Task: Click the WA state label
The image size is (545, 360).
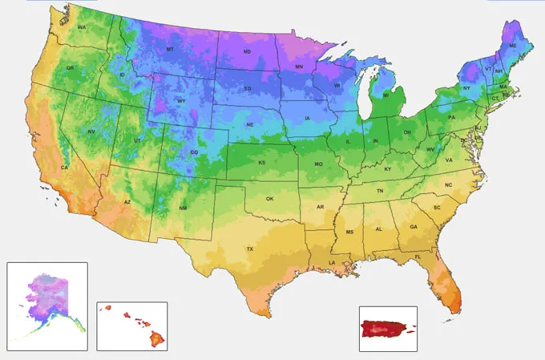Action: pos(82,28)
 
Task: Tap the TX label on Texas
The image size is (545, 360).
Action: pos(250,249)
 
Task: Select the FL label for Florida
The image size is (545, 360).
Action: pos(418,256)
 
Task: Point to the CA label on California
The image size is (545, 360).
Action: pos(65,168)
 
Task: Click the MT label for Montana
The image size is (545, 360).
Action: pos(170,50)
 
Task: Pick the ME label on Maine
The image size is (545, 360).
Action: pos(512,47)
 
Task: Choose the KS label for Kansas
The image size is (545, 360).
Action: pos(261,163)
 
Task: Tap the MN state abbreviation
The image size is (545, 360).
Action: pos(299,67)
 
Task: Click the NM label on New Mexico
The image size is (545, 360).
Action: pos(183,208)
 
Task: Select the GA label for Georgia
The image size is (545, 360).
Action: pos(413,227)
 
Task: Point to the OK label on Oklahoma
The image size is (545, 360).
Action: pos(270,198)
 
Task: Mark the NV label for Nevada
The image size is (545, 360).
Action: pos(91,131)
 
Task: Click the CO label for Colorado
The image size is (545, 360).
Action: pos(194,152)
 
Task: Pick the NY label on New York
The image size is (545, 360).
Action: pos(466,87)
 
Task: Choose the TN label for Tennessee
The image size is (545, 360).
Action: pos(380,191)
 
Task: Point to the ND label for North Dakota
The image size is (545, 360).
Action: pos(247,53)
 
